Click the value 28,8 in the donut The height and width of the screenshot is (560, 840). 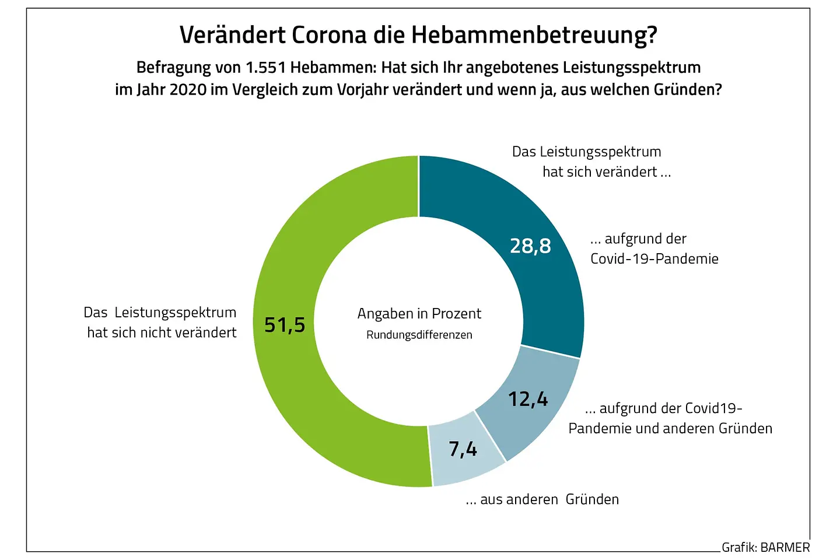[x=530, y=246]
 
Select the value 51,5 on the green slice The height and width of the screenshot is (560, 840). [x=285, y=325]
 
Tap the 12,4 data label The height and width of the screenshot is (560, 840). [x=528, y=400]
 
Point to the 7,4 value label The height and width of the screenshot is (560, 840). [x=463, y=449]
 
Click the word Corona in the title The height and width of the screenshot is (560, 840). [x=328, y=35]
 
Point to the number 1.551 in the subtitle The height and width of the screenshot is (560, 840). [x=265, y=68]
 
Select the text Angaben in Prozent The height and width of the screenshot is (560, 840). [x=419, y=314]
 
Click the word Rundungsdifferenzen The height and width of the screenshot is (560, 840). [x=419, y=335]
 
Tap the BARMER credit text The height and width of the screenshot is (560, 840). [x=785, y=548]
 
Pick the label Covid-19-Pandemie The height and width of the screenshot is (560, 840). [x=654, y=259]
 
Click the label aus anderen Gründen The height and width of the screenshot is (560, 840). [x=549, y=499]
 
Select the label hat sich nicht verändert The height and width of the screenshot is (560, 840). [x=162, y=332]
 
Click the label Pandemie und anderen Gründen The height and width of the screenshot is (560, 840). [x=670, y=429]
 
